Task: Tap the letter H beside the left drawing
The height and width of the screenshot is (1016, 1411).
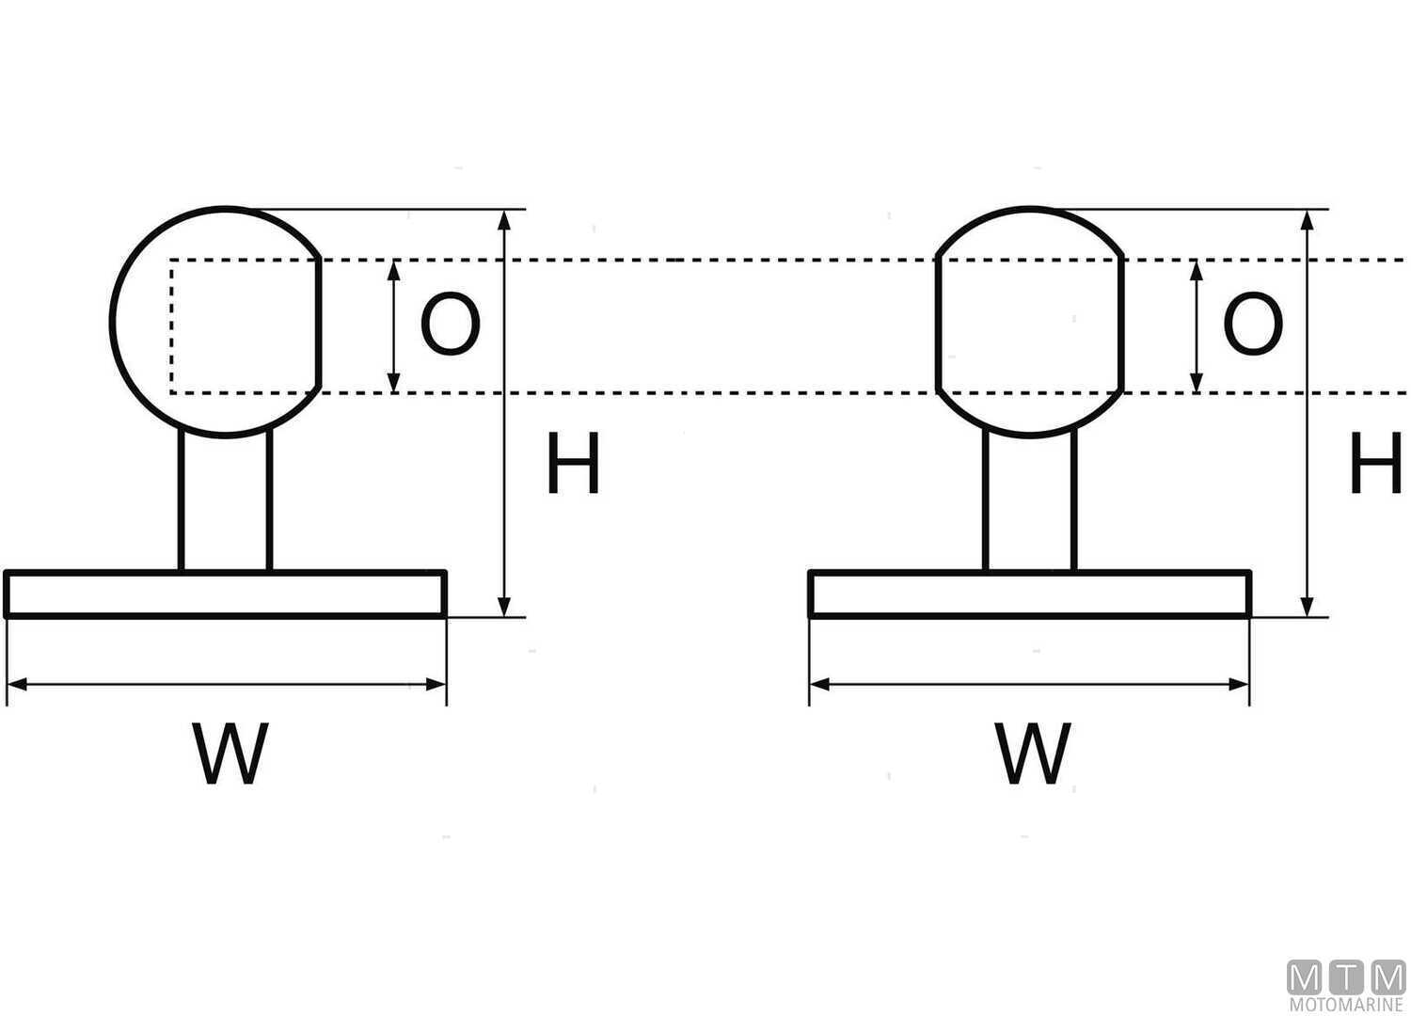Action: point(573,464)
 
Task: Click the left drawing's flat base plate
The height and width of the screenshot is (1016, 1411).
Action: point(226,594)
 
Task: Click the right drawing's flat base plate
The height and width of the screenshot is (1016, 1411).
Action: point(1029,594)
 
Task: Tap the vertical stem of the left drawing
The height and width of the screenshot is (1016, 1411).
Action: point(226,500)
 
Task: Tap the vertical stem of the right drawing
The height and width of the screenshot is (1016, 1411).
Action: point(1029,500)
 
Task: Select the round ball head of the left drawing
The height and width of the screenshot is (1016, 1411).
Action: point(216,322)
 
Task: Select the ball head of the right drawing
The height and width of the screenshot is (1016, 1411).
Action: point(1030,322)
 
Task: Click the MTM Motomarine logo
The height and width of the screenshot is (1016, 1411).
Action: point(1345,984)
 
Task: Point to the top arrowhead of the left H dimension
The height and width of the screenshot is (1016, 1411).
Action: point(505,220)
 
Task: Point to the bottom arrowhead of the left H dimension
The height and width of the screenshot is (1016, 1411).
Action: point(505,607)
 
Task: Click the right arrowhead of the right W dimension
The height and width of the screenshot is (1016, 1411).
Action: point(1240,684)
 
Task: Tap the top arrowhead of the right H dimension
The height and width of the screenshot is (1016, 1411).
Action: point(1307,220)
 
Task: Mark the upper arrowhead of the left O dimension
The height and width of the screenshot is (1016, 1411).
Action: point(394,269)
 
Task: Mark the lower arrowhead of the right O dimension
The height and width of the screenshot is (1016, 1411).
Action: point(1197,382)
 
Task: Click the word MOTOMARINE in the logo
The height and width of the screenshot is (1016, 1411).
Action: point(1345,1005)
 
